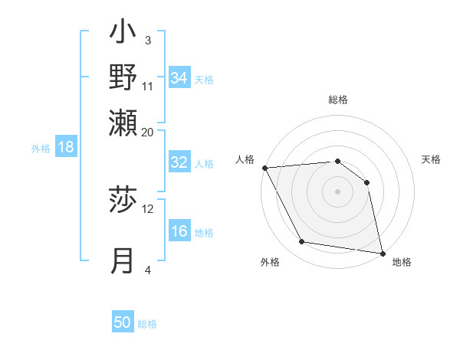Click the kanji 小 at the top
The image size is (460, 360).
(123, 34)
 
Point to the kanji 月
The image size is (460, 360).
(123, 260)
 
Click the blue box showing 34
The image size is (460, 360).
(179, 78)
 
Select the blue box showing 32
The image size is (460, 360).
(179, 162)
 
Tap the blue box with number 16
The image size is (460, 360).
(179, 232)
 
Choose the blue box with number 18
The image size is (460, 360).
(66, 148)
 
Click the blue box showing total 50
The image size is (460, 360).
(123, 322)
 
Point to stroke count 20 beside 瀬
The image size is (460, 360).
(148, 132)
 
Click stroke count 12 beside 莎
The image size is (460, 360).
(148, 208)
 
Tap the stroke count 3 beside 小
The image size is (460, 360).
(148, 40)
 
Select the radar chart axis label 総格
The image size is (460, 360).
(338, 100)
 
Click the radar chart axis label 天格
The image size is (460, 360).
(431, 159)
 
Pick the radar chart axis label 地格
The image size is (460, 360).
(402, 262)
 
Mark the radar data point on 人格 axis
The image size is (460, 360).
(264, 168)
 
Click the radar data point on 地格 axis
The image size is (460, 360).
(382, 253)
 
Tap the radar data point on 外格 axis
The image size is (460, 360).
(302, 242)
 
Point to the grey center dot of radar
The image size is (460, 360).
(338, 191)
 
